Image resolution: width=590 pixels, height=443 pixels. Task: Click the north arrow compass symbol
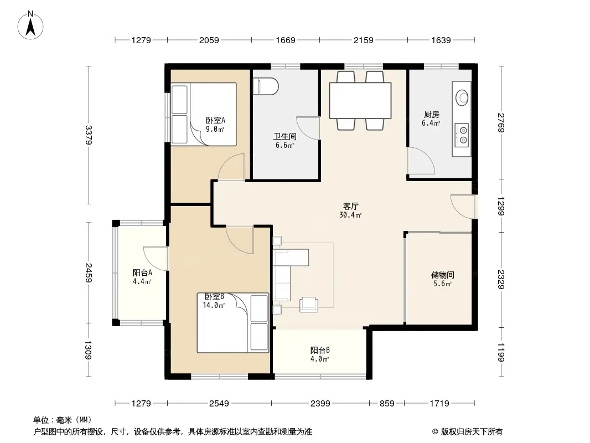tap(30, 25)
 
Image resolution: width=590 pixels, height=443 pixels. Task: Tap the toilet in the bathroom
tap(266, 86)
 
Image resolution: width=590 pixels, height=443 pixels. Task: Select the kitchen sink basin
tap(462, 97)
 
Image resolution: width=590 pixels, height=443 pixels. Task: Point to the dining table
tap(360, 101)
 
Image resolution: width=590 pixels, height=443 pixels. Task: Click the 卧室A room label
tap(215, 121)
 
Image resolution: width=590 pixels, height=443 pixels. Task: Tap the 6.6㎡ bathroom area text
tap(284, 145)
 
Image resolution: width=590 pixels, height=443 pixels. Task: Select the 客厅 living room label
tap(350, 206)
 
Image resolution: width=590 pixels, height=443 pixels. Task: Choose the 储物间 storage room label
tap(442, 275)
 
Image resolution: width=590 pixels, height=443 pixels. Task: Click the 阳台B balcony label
tap(320, 351)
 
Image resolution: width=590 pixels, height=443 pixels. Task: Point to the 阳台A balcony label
tap(142, 273)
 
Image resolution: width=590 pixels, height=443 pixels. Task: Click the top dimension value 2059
tap(209, 40)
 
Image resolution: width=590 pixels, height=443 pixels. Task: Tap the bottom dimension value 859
tap(387, 404)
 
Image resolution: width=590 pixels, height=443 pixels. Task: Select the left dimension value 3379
tap(89, 135)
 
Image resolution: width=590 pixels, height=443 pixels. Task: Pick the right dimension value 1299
tap(500, 206)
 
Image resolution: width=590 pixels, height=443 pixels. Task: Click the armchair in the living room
tap(308, 305)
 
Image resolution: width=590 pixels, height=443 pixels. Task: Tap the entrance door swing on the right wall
tap(463, 206)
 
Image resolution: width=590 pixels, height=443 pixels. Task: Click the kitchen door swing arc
tap(421, 161)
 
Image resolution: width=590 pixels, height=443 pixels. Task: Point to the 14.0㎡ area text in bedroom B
tap(214, 305)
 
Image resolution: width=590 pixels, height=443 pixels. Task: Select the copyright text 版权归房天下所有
tap(472, 432)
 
